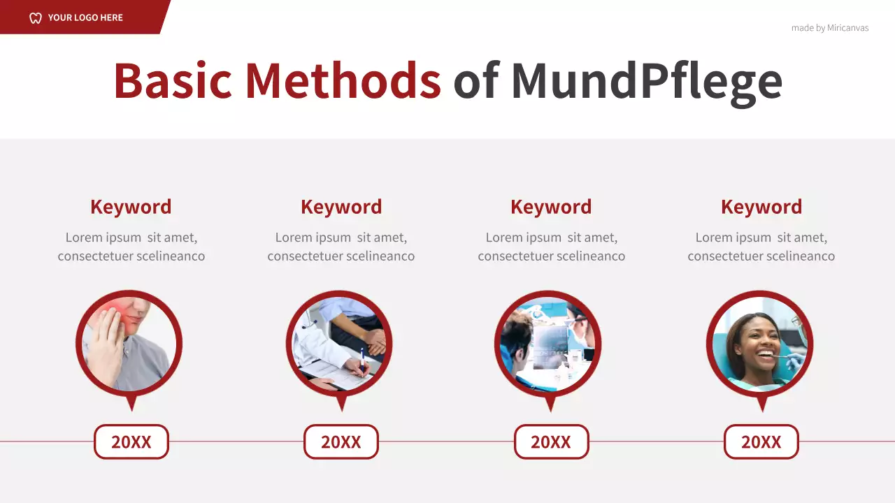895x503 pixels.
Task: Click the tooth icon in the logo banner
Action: pyautogui.click(x=36, y=17)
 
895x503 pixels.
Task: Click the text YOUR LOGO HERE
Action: pyautogui.click(x=85, y=17)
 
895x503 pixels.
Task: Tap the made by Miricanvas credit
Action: pyautogui.click(x=829, y=28)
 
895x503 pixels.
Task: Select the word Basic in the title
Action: pyautogui.click(x=172, y=80)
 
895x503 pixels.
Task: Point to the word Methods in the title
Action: pyautogui.click(x=343, y=80)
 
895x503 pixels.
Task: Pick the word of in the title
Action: pyautogui.click(x=475, y=80)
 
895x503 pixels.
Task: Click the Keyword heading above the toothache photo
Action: pyautogui.click(x=131, y=207)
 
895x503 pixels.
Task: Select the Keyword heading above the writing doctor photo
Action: pyautogui.click(x=341, y=207)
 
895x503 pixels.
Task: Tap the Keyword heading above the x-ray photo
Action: pyautogui.click(x=551, y=207)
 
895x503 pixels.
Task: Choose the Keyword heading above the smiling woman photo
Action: pyautogui.click(x=761, y=207)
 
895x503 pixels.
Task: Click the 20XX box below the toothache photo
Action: pyautogui.click(x=131, y=442)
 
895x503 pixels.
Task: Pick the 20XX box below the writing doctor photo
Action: pyautogui.click(x=341, y=442)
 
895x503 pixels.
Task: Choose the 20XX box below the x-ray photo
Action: pyautogui.click(x=551, y=442)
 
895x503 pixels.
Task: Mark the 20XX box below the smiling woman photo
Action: pyautogui.click(x=761, y=442)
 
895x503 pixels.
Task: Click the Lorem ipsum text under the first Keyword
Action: pyautogui.click(x=131, y=247)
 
